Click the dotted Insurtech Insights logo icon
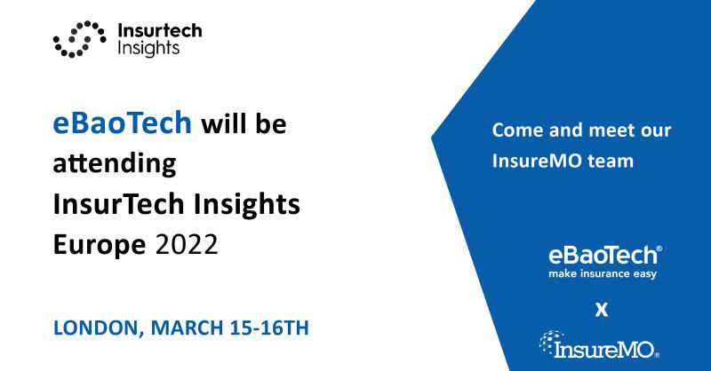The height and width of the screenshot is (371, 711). point(79,39)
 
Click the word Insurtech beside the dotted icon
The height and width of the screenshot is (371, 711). point(160,31)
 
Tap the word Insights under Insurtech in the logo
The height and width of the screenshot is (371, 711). point(148,49)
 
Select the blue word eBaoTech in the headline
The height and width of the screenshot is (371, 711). point(123,122)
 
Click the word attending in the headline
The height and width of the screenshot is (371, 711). point(115,163)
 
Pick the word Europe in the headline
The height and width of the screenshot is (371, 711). point(100,245)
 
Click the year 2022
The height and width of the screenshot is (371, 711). point(187,245)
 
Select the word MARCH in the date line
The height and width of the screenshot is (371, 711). point(187,328)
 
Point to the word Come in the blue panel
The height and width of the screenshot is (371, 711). point(517,130)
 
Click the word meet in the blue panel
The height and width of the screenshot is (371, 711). point(612,130)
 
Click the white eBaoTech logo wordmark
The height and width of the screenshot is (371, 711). point(603,256)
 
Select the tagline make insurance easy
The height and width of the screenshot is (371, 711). point(603,274)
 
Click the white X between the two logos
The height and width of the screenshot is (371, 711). point(602,310)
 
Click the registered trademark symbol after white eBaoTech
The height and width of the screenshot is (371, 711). point(659,249)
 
